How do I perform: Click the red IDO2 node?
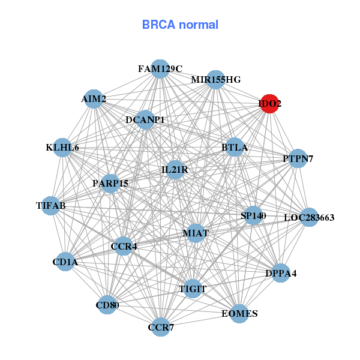269,104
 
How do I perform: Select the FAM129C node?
160,69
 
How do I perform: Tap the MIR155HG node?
215,80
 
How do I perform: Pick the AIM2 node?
94,99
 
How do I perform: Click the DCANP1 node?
145,120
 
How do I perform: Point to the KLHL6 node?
63,148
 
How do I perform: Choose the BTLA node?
234,147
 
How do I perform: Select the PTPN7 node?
298,159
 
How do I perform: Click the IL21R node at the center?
175,170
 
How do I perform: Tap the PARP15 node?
110,183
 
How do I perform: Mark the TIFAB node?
51,206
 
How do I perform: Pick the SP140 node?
253,215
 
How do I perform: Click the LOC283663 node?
308,217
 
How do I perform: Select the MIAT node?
196,232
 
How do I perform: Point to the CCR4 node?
123,246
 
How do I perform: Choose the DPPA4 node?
281,274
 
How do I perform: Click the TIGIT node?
193,289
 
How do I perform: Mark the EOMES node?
239,314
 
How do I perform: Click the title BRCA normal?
180,25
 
